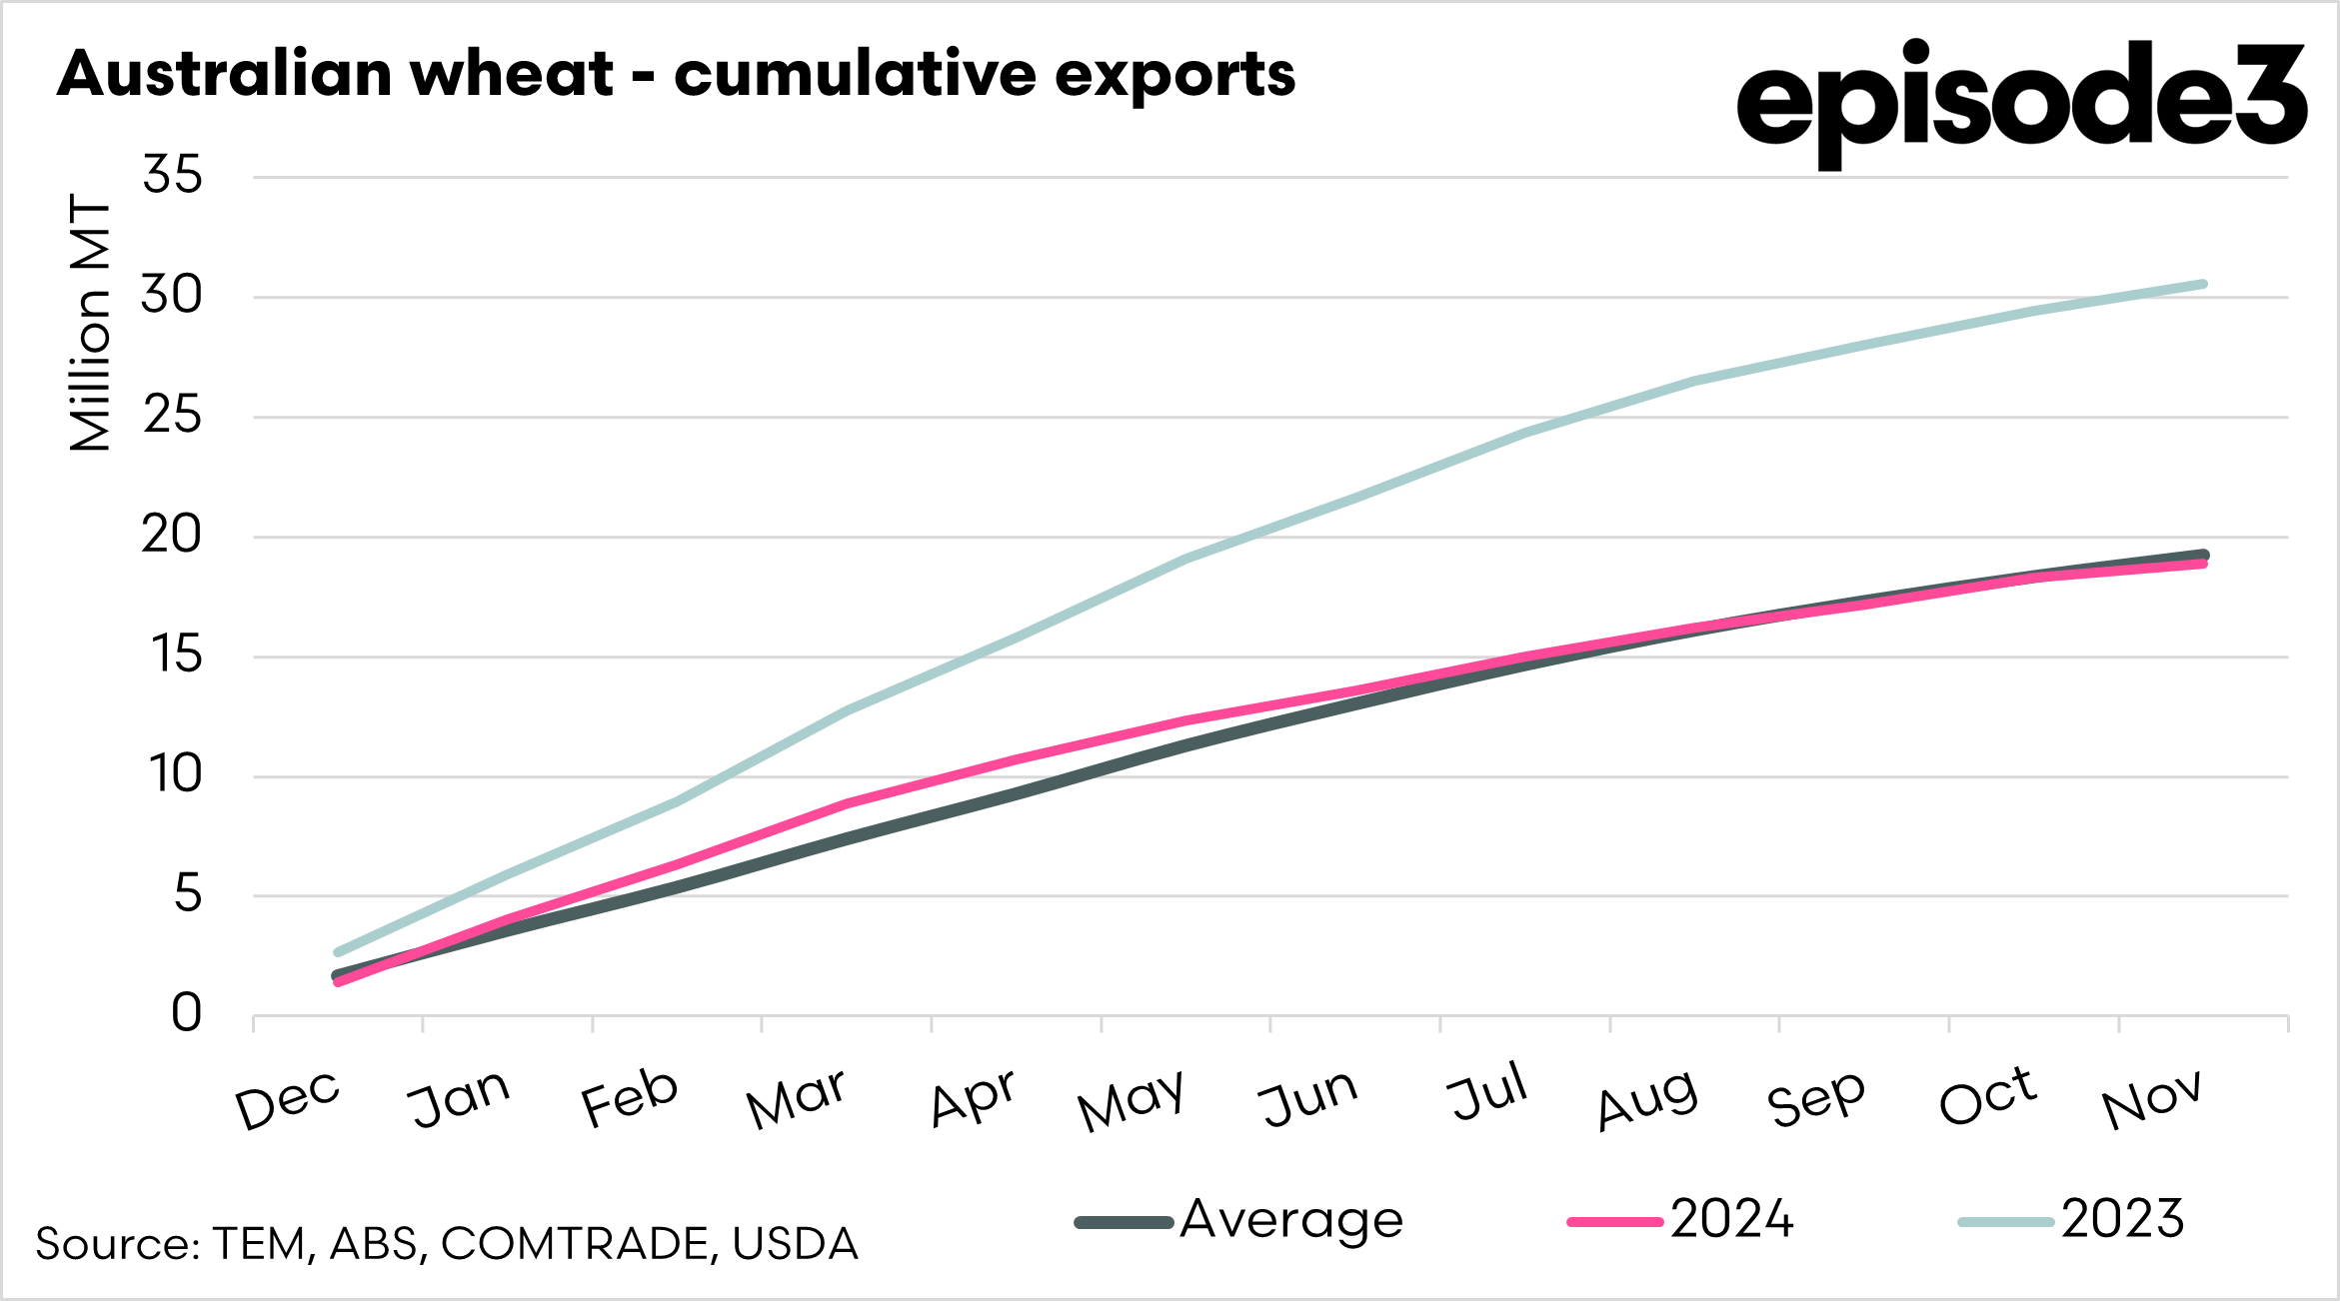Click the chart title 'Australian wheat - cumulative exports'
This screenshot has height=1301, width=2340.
click(x=676, y=75)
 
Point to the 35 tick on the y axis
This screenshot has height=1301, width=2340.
click(x=172, y=176)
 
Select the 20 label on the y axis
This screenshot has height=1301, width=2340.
click(x=172, y=536)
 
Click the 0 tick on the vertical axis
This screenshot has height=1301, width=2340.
click(x=186, y=1014)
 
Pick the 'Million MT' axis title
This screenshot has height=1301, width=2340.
click(x=90, y=323)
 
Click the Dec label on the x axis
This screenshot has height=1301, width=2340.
click(x=288, y=1099)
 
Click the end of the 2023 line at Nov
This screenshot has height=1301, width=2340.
click(x=2203, y=285)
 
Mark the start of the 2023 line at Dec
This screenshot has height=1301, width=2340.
click(x=338, y=952)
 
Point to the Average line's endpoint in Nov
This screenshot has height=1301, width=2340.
click(x=2203, y=555)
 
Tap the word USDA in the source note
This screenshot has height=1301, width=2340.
click(x=796, y=1244)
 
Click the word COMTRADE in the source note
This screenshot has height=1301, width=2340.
click(x=578, y=1244)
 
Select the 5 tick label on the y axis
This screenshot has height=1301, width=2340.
click(x=187, y=894)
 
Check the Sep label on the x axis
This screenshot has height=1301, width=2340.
click(x=1816, y=1099)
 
